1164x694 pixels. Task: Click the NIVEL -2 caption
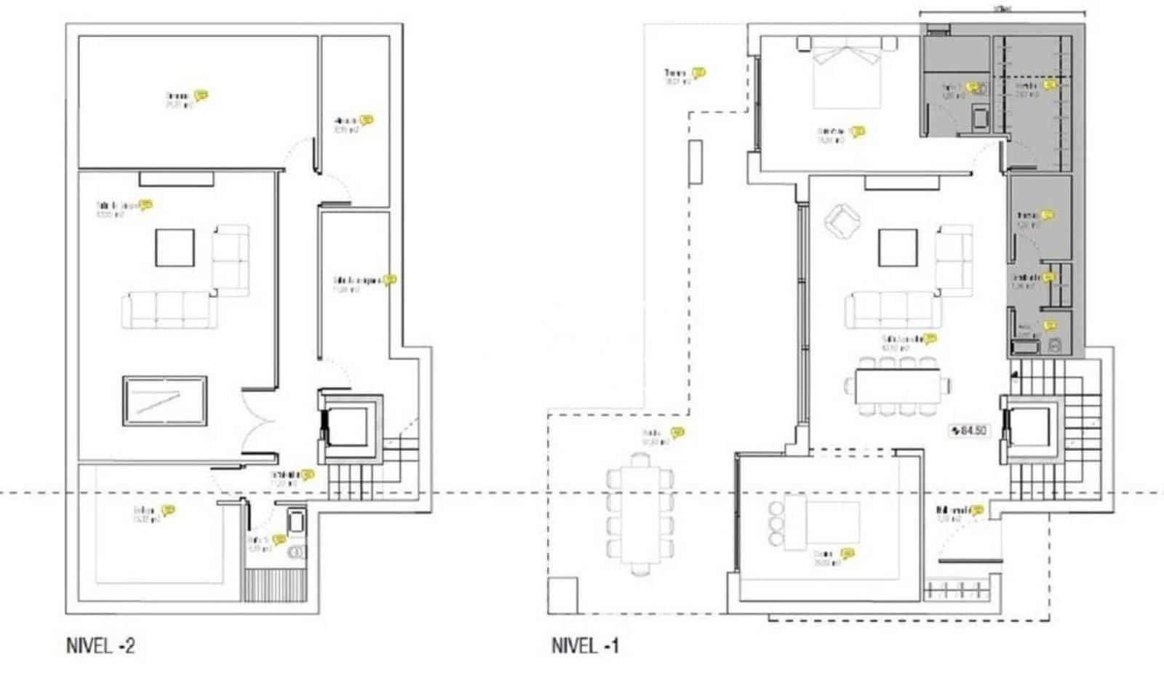click(100, 645)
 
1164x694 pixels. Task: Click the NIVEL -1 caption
click(585, 645)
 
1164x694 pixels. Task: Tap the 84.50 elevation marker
click(968, 431)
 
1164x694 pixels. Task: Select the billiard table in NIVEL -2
click(165, 401)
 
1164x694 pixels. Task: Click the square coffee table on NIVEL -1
click(897, 247)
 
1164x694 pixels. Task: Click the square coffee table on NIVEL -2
click(175, 247)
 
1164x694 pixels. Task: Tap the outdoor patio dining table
click(639, 514)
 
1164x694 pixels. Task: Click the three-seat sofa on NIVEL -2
click(169, 310)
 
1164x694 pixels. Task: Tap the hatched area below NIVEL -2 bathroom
click(274, 586)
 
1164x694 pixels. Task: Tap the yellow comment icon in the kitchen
click(847, 554)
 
